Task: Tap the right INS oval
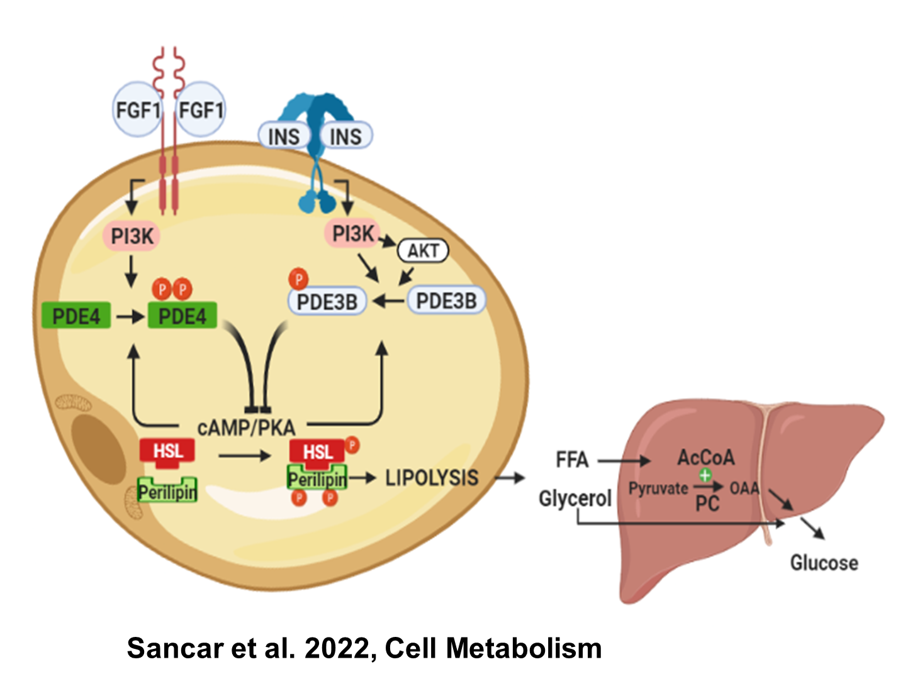345,136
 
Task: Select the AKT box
423,251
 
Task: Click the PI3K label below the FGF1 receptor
132,236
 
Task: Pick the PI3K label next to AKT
352,234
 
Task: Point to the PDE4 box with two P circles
182,316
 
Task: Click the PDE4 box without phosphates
76,316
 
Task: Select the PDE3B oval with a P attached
327,302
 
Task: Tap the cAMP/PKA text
246,428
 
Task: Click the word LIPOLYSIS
432,478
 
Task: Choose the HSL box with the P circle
318,452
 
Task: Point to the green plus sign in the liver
705,476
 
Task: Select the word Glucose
824,562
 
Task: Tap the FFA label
572,460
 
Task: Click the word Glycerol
575,499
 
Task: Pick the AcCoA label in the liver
705,457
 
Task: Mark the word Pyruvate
658,489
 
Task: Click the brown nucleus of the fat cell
98,450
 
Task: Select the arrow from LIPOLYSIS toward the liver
510,478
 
